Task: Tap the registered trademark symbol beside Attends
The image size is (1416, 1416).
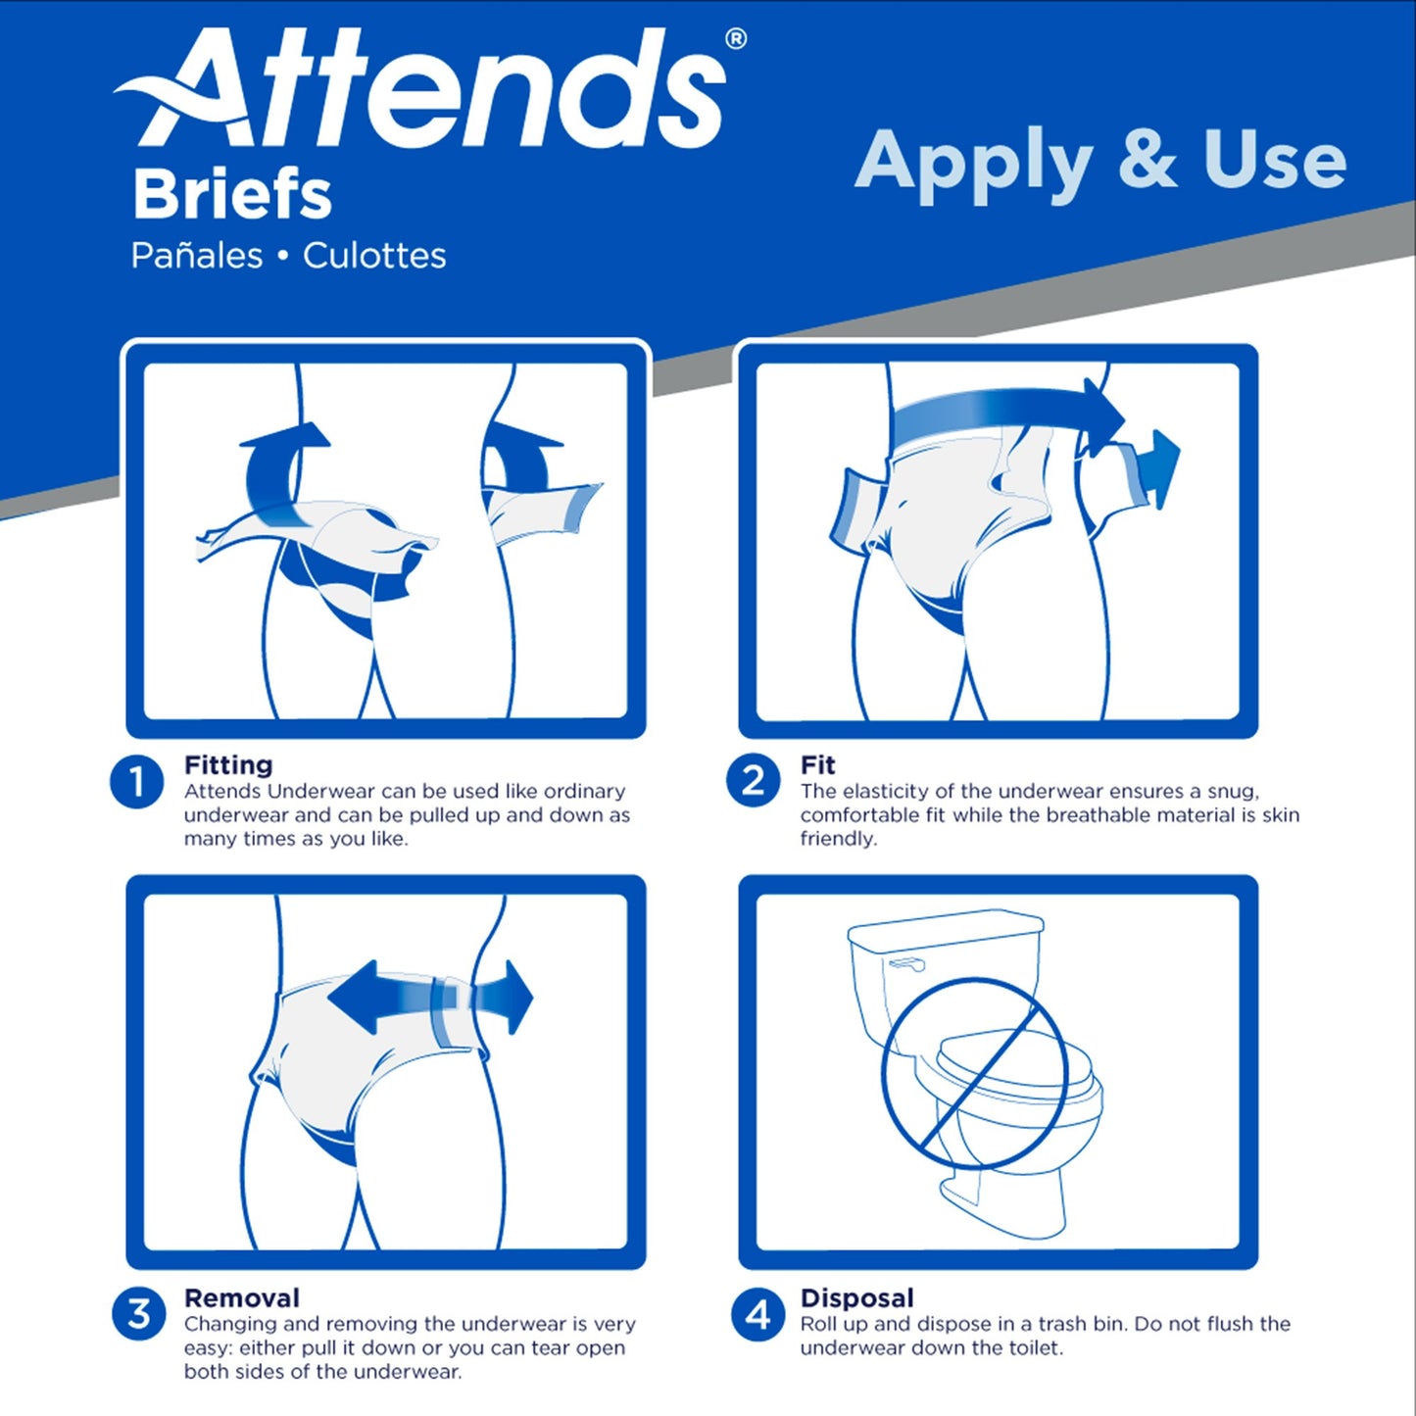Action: coord(735,39)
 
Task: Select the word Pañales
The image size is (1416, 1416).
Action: coord(197,256)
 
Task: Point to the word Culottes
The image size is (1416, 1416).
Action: coord(374,256)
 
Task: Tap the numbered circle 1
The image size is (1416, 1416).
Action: coord(136,782)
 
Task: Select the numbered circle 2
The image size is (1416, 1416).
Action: coord(753,781)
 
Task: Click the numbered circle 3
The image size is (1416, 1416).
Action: coord(138,1314)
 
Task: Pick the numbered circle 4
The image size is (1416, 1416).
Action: coord(757,1314)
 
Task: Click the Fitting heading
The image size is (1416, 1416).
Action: coord(228,764)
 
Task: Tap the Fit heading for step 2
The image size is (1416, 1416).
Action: coord(817,764)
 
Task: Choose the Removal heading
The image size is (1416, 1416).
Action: coord(242,1297)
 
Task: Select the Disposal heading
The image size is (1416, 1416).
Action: coord(856,1297)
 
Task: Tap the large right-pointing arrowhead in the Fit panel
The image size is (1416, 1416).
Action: coord(1102,412)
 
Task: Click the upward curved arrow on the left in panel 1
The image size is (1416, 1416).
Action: coord(279,461)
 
